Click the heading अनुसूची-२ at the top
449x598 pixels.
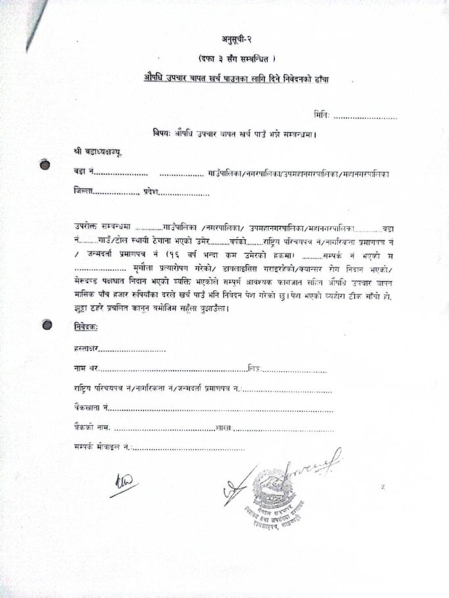tap(236, 41)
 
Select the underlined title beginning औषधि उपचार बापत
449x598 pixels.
tap(236, 79)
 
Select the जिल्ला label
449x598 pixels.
tap(83, 193)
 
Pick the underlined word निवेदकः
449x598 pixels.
tap(86, 327)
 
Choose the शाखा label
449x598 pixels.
tap(224, 428)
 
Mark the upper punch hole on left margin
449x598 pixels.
tap(45, 165)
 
